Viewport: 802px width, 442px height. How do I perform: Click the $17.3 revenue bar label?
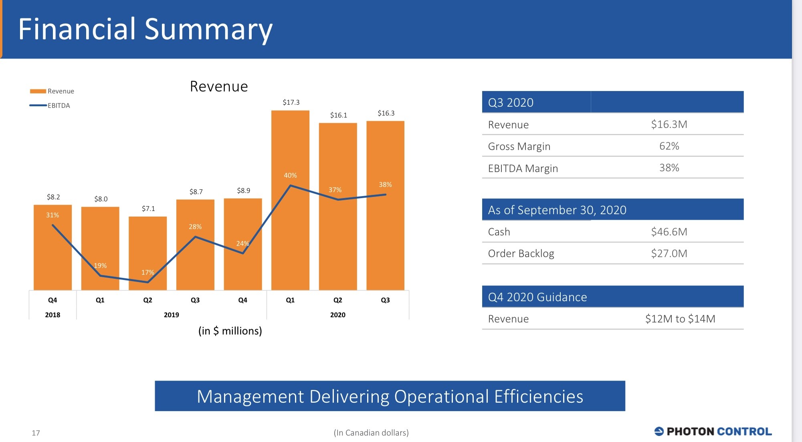(x=291, y=102)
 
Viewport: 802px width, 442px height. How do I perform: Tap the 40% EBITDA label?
(x=290, y=175)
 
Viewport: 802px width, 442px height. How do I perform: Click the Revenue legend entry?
(x=53, y=91)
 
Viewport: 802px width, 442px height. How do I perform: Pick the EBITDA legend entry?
(x=51, y=105)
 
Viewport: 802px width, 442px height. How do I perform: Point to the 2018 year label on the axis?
(x=53, y=315)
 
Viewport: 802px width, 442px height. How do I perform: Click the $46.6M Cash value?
(x=669, y=232)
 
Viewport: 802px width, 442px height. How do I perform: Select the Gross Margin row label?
(x=519, y=146)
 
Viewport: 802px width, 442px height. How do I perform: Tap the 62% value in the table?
(x=669, y=146)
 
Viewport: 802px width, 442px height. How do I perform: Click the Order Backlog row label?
(x=521, y=253)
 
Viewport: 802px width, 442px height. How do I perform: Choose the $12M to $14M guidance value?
(x=680, y=319)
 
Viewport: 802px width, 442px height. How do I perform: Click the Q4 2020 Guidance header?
(x=537, y=297)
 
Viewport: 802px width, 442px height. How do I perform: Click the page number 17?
(x=36, y=433)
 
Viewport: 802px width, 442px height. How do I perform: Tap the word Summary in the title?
(x=208, y=29)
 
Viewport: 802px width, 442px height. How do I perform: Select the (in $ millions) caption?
(x=230, y=331)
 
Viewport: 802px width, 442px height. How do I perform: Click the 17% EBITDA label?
(x=147, y=272)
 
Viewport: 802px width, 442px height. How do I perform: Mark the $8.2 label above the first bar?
(x=53, y=197)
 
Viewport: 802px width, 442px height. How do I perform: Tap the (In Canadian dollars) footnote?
(x=371, y=433)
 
